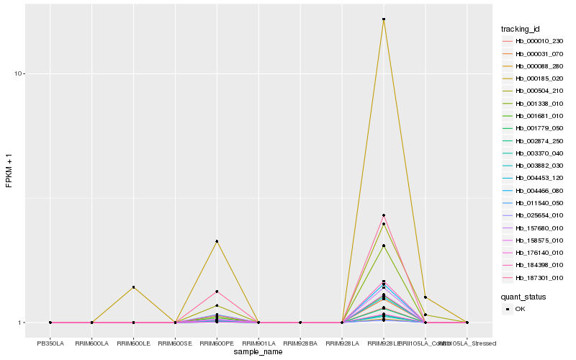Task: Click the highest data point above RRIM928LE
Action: pos(384,19)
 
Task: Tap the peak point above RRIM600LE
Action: pos(133,287)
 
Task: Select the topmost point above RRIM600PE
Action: pos(217,241)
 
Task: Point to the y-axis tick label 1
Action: pos(23,323)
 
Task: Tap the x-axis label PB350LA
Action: pos(50,343)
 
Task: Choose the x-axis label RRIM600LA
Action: pos(91,343)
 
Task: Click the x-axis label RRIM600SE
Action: pos(175,343)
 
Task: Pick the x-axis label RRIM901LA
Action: pos(258,343)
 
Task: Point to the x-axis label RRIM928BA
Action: pos(300,343)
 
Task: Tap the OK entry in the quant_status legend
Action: pos(520,309)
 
